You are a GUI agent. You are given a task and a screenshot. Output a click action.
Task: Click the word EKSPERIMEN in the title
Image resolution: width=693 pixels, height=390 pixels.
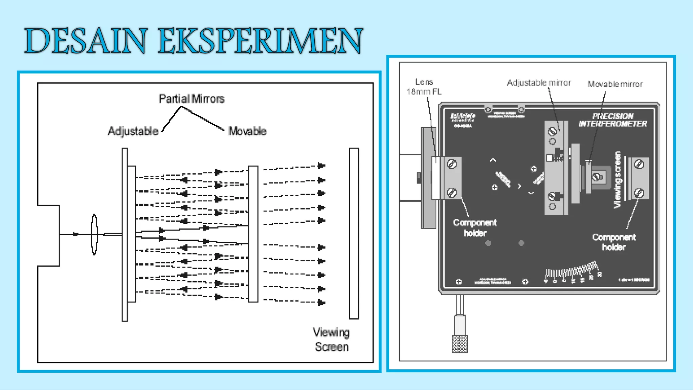pos(260,41)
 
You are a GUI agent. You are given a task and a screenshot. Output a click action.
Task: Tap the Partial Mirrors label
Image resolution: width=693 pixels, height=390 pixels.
pos(192,99)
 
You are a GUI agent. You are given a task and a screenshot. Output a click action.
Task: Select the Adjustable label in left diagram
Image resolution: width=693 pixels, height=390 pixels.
pos(133,131)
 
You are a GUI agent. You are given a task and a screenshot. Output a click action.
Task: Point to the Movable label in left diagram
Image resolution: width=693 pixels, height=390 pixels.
pos(247,131)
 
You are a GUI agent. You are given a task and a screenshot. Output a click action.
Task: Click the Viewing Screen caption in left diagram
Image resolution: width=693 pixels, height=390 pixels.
pos(331,340)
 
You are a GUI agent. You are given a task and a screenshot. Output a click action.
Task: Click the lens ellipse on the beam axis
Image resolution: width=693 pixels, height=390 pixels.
pos(94,234)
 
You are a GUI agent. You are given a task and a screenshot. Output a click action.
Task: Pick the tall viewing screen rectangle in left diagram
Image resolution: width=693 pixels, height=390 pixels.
pos(354,233)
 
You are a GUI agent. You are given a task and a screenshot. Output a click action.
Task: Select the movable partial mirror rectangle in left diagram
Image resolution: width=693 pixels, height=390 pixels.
pos(253,234)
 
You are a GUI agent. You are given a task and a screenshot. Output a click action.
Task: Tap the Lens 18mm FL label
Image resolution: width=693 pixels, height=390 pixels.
pos(424,87)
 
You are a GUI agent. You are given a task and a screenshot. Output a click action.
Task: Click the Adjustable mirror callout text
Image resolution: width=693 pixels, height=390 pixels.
pos(539,83)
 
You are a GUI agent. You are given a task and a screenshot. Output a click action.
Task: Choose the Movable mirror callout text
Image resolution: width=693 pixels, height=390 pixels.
pos(615,84)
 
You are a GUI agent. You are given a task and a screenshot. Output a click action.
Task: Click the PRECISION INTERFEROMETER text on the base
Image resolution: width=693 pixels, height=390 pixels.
pos(612,120)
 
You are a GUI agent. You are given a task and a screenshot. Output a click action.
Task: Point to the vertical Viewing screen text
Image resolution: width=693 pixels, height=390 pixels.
pos(618,179)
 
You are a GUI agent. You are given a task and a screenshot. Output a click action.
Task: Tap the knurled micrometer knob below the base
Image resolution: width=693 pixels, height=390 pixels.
pos(460,344)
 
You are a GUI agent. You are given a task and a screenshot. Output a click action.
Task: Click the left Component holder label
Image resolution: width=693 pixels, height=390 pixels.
pos(475,228)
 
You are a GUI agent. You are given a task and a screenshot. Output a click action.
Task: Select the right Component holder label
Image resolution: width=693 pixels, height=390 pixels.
pos(614,242)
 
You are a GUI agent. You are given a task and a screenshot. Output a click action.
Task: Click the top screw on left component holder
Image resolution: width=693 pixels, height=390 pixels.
pos(452,164)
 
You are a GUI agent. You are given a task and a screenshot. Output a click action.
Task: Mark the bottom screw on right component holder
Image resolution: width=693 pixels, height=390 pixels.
pos(639,193)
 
